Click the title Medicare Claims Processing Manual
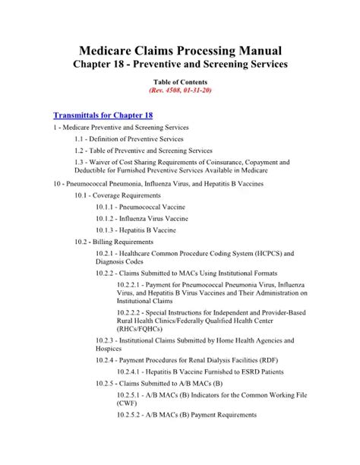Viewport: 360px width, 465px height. tap(179, 49)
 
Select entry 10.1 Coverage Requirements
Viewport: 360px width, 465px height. tap(122, 195)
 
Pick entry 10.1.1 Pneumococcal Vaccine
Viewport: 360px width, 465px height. tap(140, 207)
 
